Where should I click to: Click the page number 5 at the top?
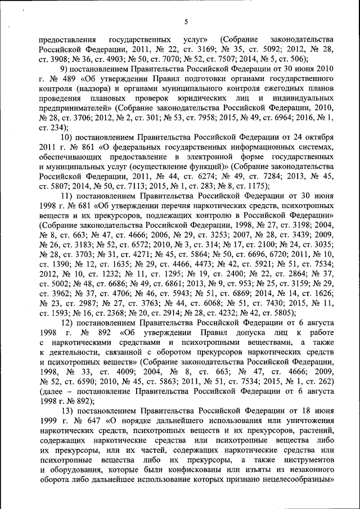click(185, 22)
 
